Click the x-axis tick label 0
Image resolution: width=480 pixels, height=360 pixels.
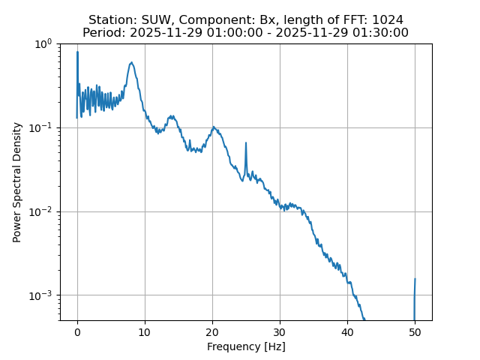77,332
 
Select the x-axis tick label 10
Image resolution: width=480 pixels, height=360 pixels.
145,332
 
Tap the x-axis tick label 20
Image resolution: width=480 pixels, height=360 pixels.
212,332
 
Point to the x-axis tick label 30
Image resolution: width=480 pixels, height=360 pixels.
280,332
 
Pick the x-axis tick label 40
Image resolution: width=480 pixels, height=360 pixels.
347,332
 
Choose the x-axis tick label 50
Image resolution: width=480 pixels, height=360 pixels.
415,332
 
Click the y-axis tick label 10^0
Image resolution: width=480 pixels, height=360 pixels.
43,44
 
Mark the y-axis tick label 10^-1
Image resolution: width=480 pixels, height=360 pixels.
41,127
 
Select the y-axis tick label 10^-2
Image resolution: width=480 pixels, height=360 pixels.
41,211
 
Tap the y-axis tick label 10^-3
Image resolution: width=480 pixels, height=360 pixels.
41,295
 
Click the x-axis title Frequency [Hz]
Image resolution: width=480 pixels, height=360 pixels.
246,346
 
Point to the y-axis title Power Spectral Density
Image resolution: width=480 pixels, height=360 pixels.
17,181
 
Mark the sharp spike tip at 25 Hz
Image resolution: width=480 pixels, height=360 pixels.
246,143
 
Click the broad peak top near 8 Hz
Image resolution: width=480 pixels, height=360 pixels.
131,63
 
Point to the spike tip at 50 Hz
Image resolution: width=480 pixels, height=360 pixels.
415,279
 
